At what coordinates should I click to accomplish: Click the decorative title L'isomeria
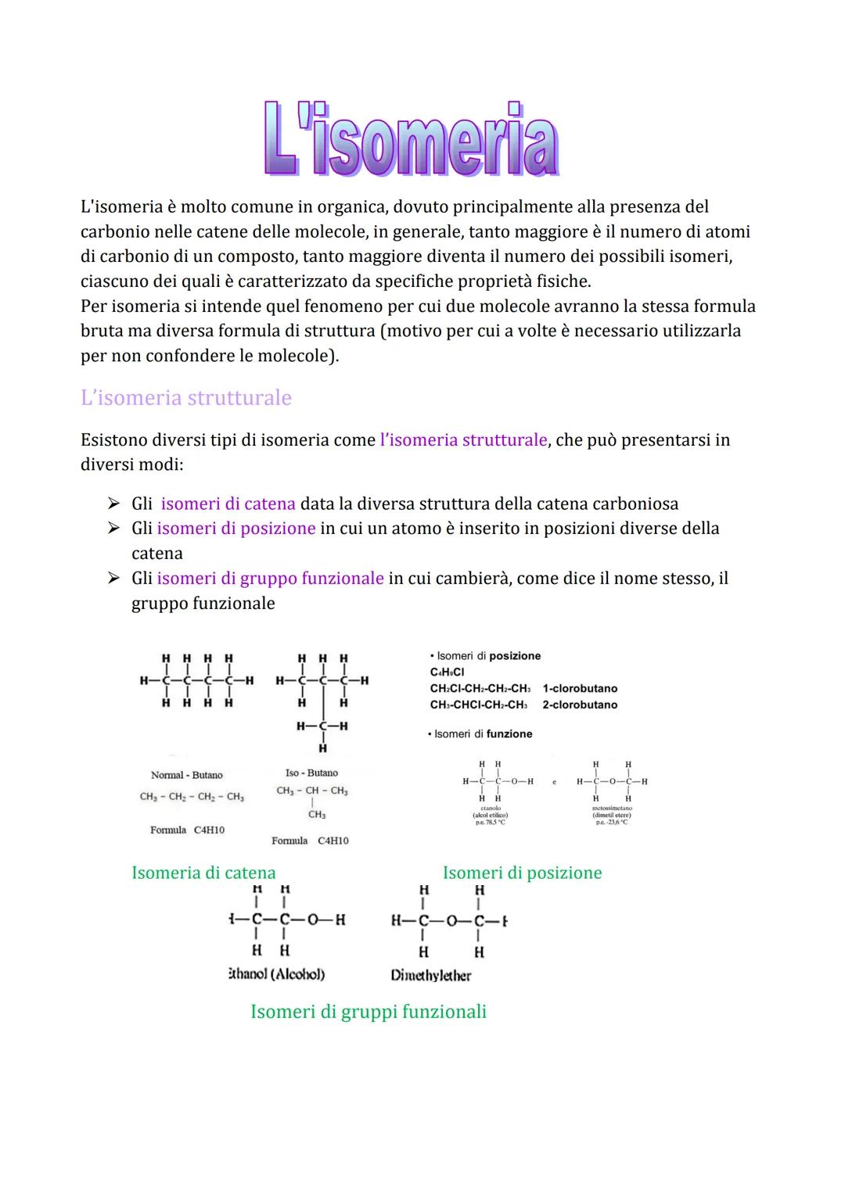point(411,139)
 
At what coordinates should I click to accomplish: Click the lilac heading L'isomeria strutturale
point(185,398)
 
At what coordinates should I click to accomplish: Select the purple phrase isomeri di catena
point(228,504)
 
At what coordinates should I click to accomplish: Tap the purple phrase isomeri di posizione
point(236,529)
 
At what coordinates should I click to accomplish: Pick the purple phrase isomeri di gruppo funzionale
point(270,579)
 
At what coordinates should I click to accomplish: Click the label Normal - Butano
point(186,775)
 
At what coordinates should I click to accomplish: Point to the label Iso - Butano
point(311,773)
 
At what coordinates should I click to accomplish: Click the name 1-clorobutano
point(580,689)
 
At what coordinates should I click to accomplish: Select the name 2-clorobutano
point(580,705)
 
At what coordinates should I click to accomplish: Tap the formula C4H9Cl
point(447,672)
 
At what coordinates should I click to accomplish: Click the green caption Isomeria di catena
point(203,873)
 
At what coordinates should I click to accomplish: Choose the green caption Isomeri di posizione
point(522,873)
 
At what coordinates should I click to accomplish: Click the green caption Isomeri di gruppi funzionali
point(368,1012)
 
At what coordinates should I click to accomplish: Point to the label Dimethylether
point(430,976)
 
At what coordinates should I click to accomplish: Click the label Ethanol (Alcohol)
point(275,974)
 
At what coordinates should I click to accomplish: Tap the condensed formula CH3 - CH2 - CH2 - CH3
point(192,797)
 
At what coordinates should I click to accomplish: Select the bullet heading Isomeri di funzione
point(483,734)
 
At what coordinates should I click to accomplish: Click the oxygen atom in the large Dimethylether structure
point(451,921)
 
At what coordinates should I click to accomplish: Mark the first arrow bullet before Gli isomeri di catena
point(114,504)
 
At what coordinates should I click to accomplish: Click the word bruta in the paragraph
point(102,332)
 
